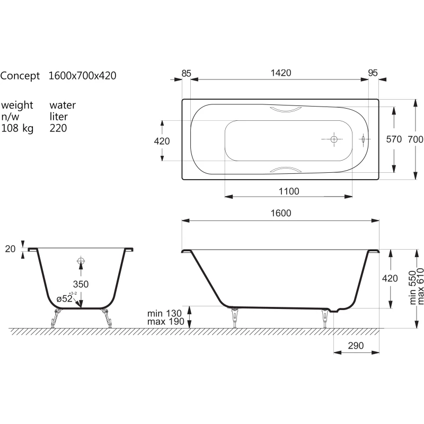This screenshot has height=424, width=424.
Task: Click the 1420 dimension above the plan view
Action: [x=281, y=73]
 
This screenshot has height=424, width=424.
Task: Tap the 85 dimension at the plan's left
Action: [x=187, y=73]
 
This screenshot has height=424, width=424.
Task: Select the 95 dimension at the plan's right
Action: [x=373, y=73]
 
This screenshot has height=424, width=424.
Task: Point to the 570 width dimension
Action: [x=394, y=139]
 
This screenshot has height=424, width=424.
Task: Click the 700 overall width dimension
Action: [x=416, y=139]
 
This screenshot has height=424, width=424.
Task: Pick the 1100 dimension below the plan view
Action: [x=289, y=191]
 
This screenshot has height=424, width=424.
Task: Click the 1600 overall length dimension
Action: [x=281, y=213]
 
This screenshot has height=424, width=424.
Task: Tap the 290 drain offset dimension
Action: [x=356, y=346]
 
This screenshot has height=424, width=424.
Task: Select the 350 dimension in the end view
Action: [x=81, y=284]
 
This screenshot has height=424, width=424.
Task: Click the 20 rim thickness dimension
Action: [x=10, y=249]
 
